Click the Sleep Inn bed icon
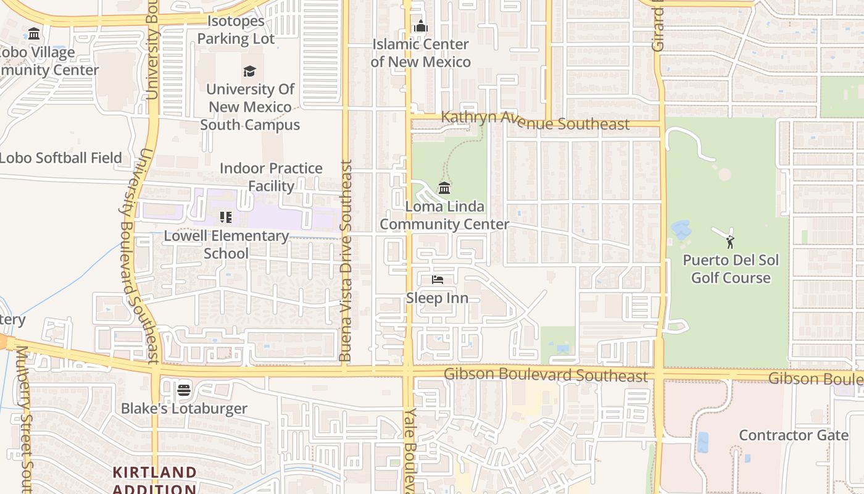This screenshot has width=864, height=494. pyautogui.click(x=438, y=280)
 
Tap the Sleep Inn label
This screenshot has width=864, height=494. pyautogui.click(x=437, y=298)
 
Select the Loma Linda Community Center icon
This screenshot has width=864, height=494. pyautogui.click(x=444, y=188)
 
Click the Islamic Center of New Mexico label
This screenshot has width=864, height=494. pyautogui.click(x=420, y=53)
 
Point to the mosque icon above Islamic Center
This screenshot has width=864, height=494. pyautogui.click(x=421, y=26)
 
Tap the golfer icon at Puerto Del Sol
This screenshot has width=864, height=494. pyautogui.click(x=730, y=241)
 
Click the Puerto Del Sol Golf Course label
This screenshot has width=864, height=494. pyautogui.click(x=731, y=269)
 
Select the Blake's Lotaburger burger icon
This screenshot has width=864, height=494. pyautogui.click(x=183, y=390)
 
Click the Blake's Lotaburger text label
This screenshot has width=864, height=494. pyautogui.click(x=184, y=408)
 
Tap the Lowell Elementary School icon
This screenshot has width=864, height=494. pyautogui.click(x=226, y=217)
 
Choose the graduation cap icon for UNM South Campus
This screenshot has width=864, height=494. pyautogui.click(x=249, y=71)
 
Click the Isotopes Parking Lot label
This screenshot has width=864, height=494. pyautogui.click(x=236, y=30)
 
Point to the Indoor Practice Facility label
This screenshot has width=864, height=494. pyautogui.click(x=271, y=177)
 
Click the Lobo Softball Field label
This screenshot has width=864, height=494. pyautogui.click(x=60, y=157)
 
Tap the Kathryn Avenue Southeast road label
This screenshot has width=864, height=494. pyautogui.click(x=534, y=121)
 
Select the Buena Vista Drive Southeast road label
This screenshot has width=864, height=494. pyautogui.click(x=346, y=261)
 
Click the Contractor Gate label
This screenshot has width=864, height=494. pyautogui.click(x=793, y=435)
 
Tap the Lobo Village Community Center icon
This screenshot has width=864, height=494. pyautogui.click(x=34, y=33)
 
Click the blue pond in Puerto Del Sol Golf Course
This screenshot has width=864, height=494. pyautogui.click(x=681, y=230)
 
